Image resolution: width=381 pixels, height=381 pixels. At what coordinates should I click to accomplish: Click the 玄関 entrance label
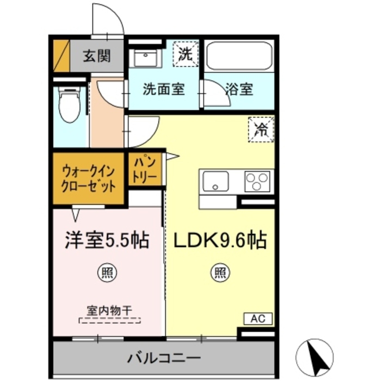[x=97, y=56]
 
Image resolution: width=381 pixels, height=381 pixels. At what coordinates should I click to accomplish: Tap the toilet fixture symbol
[x=69, y=106]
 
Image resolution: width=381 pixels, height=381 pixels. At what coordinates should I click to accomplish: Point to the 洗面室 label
[x=163, y=89]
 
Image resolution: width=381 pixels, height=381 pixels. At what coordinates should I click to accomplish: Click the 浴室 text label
[x=239, y=89]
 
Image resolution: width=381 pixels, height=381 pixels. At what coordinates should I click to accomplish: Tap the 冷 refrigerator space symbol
[x=261, y=130]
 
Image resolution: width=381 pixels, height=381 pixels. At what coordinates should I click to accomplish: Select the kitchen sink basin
[x=217, y=181]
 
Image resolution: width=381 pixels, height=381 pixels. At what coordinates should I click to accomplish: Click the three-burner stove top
[x=257, y=181]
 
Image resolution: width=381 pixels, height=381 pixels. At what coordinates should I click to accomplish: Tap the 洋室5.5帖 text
[x=107, y=240]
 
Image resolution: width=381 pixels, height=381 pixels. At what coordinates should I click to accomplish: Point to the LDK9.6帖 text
[x=219, y=240]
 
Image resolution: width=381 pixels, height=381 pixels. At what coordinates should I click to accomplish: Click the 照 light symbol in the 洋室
[x=106, y=272]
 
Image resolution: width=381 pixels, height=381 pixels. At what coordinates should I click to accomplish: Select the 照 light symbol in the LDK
[x=219, y=272]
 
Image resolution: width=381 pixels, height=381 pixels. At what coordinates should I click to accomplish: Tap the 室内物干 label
[x=109, y=311]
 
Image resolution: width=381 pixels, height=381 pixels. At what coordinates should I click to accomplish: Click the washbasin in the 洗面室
[x=145, y=56]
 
